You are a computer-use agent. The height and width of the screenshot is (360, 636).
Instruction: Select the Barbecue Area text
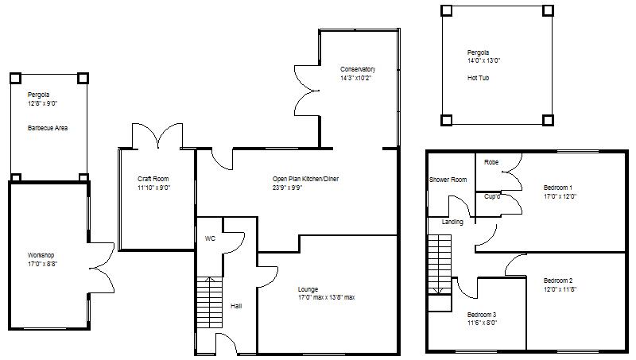pos(46,127)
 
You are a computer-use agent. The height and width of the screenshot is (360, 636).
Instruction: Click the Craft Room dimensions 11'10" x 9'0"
pos(154,188)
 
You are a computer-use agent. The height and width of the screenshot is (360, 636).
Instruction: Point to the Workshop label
pos(42,255)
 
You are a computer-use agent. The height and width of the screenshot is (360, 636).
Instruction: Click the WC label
pos(210,238)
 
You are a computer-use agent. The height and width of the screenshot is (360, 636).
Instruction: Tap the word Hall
pos(236,306)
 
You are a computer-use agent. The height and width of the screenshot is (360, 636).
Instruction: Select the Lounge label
pos(308,288)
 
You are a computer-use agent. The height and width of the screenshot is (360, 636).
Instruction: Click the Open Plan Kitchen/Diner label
pos(305,180)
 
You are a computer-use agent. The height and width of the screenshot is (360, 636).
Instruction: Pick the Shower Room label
pos(448,180)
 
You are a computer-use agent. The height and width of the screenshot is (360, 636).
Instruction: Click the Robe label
pos(491,162)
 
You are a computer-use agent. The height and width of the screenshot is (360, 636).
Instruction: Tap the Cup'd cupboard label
pos(492,196)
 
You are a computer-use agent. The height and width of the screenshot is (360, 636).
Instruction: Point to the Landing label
pos(452,222)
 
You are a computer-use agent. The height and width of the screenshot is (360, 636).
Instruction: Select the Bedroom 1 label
pos(559,188)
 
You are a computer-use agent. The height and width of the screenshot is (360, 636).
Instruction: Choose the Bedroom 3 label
pos(482,315)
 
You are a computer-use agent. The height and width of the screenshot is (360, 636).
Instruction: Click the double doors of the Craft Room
pos(157,136)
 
